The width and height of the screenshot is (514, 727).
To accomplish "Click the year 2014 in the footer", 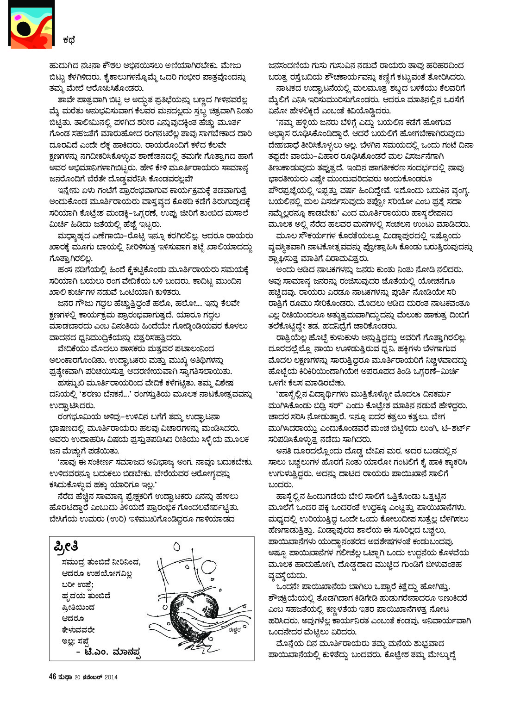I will (111, 677).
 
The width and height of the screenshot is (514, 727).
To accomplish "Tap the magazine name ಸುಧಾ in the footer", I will (65, 677).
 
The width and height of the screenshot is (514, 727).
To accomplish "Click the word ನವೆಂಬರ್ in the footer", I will (93, 677).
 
